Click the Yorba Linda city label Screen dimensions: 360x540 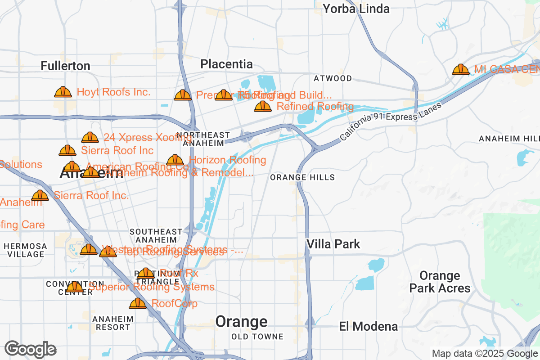[356, 9]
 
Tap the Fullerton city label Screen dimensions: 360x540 [65, 66]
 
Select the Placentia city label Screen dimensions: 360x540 [226, 64]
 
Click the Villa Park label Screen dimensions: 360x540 [333, 244]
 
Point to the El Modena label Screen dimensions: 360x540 [369, 326]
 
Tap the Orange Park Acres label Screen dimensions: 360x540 [440, 282]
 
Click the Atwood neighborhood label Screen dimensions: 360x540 [333, 78]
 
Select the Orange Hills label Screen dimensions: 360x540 [302, 177]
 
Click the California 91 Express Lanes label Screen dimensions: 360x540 [391, 121]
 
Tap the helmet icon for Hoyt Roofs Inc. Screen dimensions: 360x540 [63, 92]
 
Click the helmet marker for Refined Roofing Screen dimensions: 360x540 [263, 106]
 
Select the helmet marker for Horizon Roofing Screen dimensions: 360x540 [175, 160]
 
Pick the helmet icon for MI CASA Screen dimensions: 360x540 [461, 69]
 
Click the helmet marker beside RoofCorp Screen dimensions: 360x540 [138, 304]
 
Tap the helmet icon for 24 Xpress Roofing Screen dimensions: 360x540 [90, 137]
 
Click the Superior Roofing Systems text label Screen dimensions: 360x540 [151, 287]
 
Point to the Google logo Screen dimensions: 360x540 [30, 349]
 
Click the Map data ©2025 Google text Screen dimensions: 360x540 [485, 353]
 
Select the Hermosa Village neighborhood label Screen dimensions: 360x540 [25, 250]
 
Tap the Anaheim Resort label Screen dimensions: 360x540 [113, 323]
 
